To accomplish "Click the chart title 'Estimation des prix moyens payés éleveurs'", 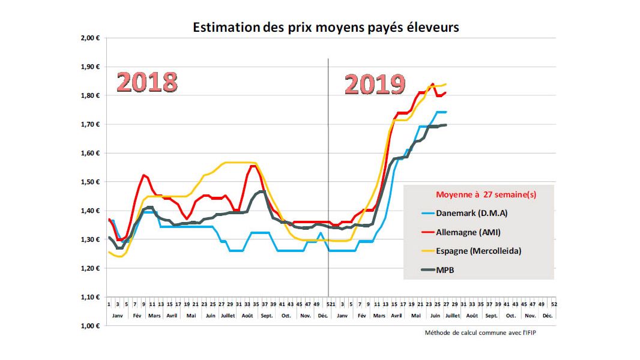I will (x=326, y=28).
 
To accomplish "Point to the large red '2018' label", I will (x=148, y=82).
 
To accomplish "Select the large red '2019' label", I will (x=375, y=85).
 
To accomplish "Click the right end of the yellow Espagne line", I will (x=445, y=84).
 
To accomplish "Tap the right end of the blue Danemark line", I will (x=445, y=112).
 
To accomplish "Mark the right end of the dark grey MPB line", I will (x=445, y=125).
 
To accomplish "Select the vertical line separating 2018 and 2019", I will (x=328, y=180).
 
